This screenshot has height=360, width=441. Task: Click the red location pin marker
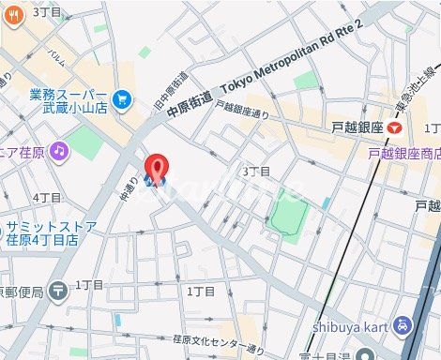point(158,167)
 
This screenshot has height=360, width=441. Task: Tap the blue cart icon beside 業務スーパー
point(122,98)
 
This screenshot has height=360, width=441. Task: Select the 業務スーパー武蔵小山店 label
point(68,100)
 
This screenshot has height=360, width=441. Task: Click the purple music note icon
point(60,150)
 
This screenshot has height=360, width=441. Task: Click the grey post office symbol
point(58,291)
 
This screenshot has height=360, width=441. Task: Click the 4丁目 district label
point(46,198)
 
